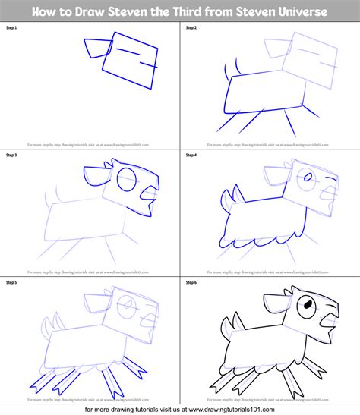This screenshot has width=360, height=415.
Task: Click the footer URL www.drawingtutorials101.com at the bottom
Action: (x=228, y=407)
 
